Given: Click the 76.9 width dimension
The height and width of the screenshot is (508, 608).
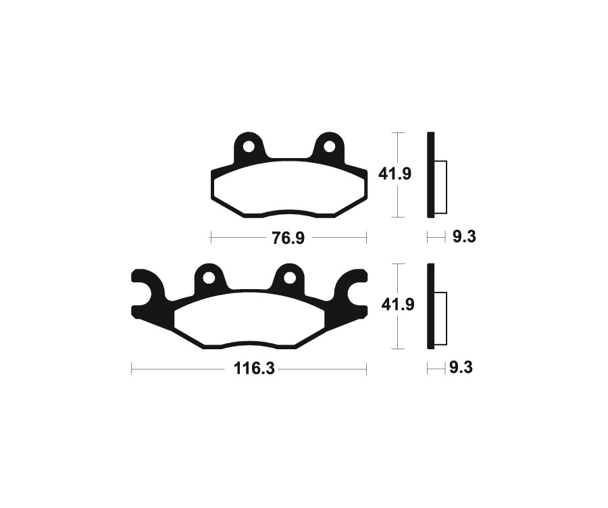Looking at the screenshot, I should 288,238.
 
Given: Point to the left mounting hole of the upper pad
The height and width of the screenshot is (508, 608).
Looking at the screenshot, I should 249,146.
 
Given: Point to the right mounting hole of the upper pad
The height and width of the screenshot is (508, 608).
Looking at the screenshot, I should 329,146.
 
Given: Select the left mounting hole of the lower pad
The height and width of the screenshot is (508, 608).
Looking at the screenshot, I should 209,277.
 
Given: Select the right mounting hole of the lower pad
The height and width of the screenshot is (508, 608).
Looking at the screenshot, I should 289,277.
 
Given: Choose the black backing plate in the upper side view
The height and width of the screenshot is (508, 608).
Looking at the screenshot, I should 430,174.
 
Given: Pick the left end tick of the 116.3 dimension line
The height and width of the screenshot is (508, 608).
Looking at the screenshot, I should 132,370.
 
